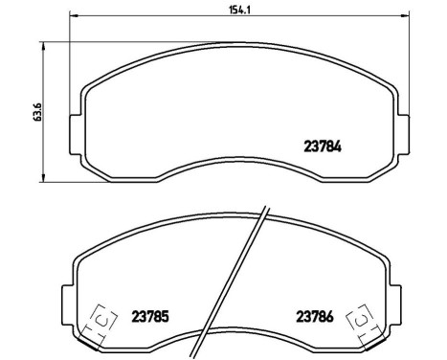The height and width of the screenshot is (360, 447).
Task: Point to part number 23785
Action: tap(151, 317)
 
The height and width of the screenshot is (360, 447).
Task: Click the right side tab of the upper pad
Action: tap(399, 128)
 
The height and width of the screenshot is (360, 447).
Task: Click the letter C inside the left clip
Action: tap(102, 321)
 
